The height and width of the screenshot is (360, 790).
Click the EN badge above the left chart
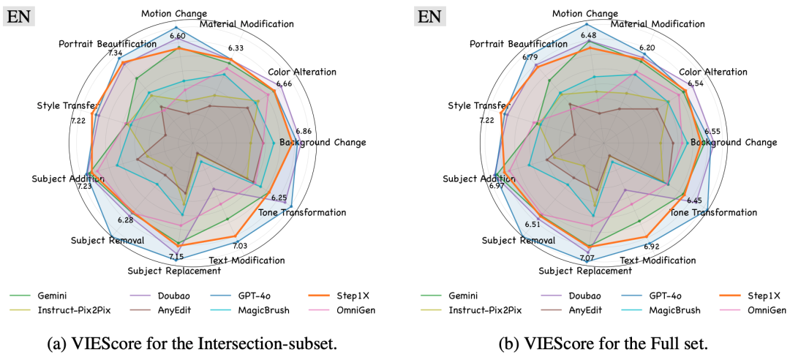click(20, 15)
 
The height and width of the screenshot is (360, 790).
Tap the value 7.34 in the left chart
click(115, 53)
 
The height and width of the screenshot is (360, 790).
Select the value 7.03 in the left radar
click(240, 246)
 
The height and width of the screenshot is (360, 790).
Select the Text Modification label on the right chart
click(658, 260)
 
